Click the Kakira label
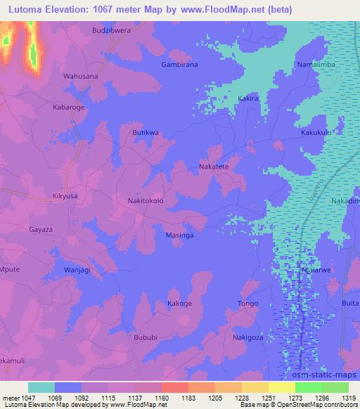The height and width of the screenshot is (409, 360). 249,99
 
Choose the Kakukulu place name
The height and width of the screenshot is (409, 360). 316,132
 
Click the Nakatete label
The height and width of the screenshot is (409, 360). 214,167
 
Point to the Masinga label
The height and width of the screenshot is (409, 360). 180,235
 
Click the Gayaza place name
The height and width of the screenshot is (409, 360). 40,230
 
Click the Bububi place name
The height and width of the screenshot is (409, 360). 146,337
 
